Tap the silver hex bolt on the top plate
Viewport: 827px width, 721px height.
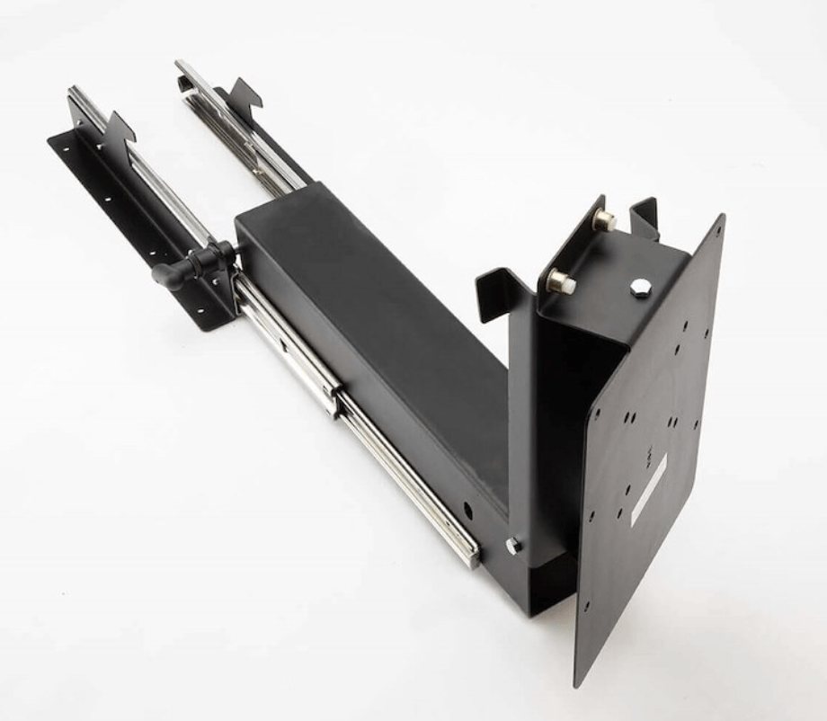tap(640, 288)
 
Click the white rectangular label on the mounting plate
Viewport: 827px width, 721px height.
tap(648, 489)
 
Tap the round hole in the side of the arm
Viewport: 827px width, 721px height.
tap(468, 510)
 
